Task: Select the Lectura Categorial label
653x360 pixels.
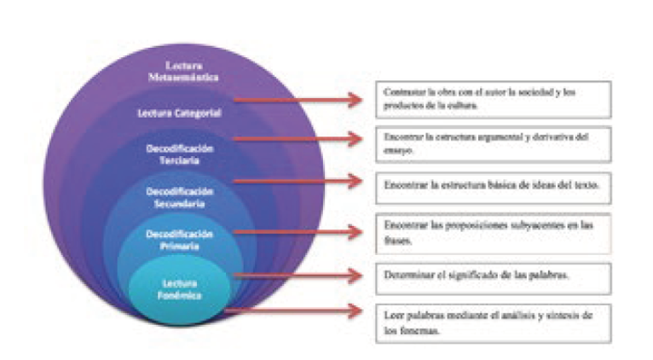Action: coord(180,112)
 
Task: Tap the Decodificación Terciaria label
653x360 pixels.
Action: coord(179,154)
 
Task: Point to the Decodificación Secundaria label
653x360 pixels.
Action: coord(179,197)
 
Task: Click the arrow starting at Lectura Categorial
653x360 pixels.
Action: coord(298,100)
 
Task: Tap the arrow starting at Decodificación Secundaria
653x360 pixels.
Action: coord(298,181)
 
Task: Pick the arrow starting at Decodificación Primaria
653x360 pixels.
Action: coord(298,230)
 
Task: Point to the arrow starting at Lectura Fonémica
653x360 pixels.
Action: coord(298,275)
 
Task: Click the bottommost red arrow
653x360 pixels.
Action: coord(294,311)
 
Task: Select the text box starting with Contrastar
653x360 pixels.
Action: coord(494,99)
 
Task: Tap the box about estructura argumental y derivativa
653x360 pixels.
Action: coord(494,142)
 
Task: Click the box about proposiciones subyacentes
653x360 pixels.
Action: coord(494,233)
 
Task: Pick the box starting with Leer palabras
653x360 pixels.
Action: coord(494,322)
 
